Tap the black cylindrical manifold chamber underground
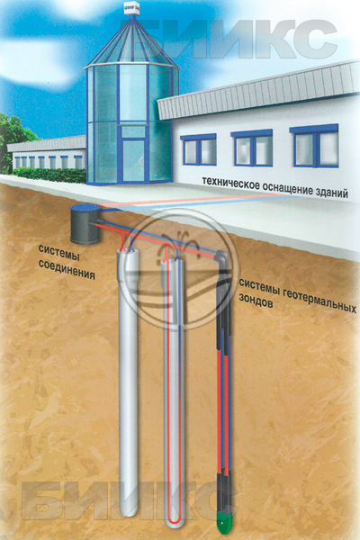85,223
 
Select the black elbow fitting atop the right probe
220,257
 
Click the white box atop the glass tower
132,9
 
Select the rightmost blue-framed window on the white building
315,146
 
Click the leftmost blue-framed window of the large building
199,149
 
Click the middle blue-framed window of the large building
253,148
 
